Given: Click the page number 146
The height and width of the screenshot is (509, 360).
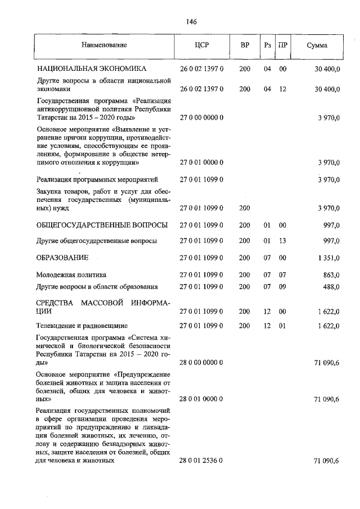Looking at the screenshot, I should pyautogui.click(x=191, y=22).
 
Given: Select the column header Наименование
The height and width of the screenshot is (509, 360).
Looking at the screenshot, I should pyautogui.click(x=104, y=44).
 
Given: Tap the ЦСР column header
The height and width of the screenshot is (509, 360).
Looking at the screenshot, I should pyautogui.click(x=201, y=44).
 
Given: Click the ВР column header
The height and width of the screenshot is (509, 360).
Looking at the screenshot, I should pyautogui.click(x=245, y=44).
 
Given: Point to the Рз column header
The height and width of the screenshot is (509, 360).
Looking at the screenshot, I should pyautogui.click(x=267, y=44).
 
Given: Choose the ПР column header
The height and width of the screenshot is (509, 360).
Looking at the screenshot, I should pyautogui.click(x=283, y=44).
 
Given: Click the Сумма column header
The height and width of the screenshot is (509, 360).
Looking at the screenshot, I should pyautogui.click(x=317, y=44).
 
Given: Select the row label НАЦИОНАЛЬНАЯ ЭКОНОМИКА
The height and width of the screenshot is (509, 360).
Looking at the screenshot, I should pyautogui.click(x=92, y=69).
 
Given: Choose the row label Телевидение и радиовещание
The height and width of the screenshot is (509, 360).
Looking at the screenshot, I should pyautogui.click(x=82, y=326).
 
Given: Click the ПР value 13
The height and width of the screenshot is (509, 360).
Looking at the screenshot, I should pyautogui.click(x=283, y=241).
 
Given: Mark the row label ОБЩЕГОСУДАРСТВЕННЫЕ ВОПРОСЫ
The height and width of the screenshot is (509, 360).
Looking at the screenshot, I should pyautogui.click(x=102, y=225).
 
